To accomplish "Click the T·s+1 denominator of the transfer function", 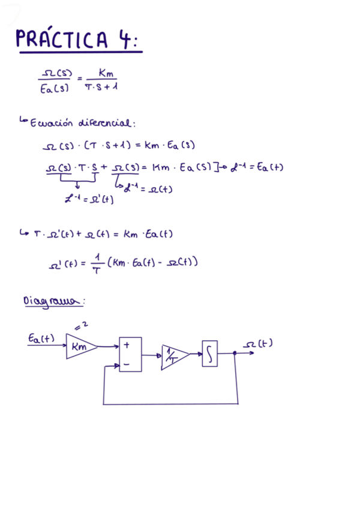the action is [101, 87].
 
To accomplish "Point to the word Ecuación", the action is [50, 123].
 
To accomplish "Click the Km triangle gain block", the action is [79, 346].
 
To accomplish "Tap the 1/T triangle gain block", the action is [173, 357].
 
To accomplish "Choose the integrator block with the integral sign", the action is [209, 354].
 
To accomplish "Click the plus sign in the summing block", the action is [127, 345].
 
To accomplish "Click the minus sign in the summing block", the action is [127, 364].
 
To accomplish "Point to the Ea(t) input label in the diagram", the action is [41, 339].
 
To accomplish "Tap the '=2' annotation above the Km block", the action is [83, 326].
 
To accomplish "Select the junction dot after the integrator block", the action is [235, 354].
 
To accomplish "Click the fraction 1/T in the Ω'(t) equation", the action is [95, 264].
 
